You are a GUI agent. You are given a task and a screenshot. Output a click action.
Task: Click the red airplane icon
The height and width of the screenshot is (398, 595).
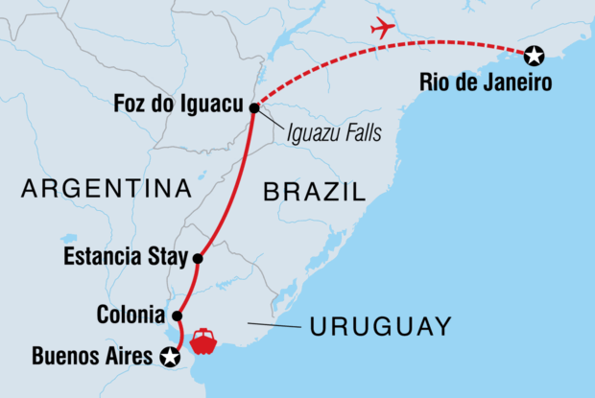[383, 29]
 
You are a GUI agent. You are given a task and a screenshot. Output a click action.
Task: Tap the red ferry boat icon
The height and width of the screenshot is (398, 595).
[204, 340]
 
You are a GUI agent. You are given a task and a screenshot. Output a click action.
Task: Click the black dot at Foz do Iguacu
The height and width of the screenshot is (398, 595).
[254, 108]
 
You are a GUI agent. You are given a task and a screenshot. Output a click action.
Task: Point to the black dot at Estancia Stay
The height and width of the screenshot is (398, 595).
[198, 258]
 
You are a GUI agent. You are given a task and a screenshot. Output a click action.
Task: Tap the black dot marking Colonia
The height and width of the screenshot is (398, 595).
[177, 316]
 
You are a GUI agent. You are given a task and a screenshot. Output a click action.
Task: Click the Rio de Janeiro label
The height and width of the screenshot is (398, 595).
[486, 83]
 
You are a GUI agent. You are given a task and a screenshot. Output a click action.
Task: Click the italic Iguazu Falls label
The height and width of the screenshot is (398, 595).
[331, 133]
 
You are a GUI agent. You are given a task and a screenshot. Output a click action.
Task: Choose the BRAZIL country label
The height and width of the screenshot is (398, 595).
[315, 193]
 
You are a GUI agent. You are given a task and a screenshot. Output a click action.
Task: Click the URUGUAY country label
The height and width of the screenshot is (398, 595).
[380, 327]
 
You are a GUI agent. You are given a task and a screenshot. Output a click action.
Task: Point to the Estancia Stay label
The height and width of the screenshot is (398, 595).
[124, 258]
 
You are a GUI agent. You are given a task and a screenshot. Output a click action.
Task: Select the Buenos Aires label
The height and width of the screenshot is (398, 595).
[92, 358]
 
